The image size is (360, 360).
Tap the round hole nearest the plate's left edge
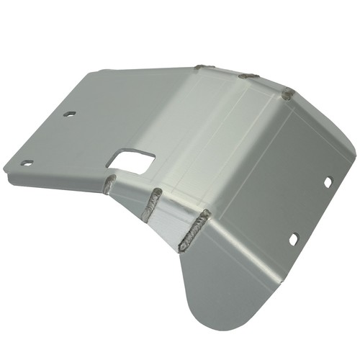click(x=27, y=163)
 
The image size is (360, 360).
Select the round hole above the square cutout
click(x=69, y=114)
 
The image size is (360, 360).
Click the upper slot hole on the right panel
click(x=327, y=183)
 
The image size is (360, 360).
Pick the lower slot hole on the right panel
click(x=294, y=238)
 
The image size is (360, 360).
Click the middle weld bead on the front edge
click(x=152, y=204)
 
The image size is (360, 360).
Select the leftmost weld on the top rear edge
click(x=204, y=68)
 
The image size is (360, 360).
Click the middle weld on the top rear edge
click(x=248, y=76)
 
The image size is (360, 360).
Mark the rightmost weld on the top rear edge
click(x=288, y=93)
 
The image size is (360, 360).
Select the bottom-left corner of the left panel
click(x=6, y=173)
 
